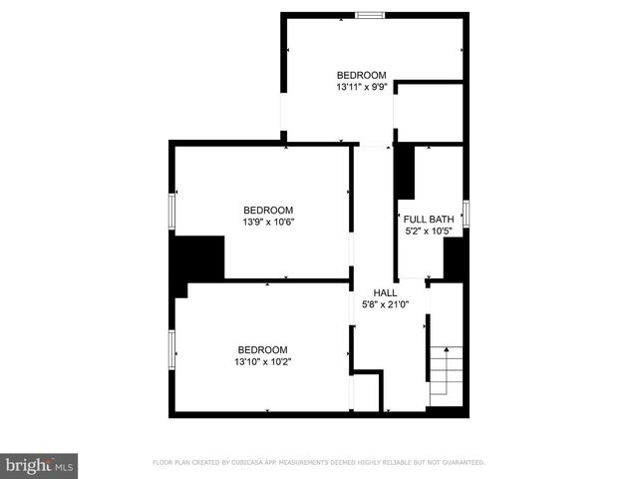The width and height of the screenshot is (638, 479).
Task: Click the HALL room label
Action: pos(386,292)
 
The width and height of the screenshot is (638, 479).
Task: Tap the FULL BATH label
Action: pos(428,220)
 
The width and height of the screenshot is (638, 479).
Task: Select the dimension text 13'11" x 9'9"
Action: pos(361,88)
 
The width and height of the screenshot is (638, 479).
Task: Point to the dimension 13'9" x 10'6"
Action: pos(268,223)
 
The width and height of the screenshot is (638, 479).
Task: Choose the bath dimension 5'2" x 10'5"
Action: pos(428,232)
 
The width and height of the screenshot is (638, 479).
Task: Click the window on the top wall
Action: pos(370,15)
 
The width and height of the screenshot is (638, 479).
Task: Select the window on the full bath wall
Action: pos(466,213)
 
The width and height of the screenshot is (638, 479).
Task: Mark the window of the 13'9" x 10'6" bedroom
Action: pos(172,210)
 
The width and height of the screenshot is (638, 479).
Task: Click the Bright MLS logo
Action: pos(40,465)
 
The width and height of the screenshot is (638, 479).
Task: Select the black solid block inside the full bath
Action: pos(405,172)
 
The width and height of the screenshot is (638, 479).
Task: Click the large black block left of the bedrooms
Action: pos(197,260)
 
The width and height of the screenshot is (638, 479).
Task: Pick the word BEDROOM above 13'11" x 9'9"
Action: pos(361,75)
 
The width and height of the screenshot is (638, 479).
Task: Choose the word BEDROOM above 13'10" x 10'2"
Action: pos(262,349)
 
